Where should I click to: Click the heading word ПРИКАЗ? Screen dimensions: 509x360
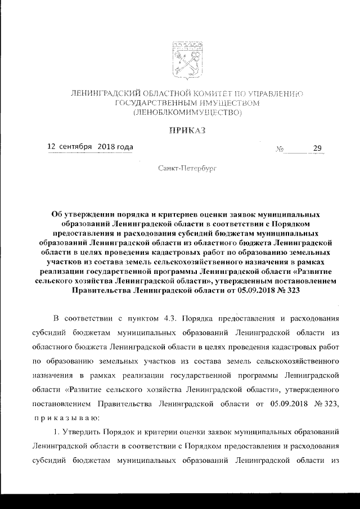click(186, 130)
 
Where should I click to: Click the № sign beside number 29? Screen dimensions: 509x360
click(280, 150)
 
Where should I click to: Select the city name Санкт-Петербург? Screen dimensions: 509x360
click(186, 168)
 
